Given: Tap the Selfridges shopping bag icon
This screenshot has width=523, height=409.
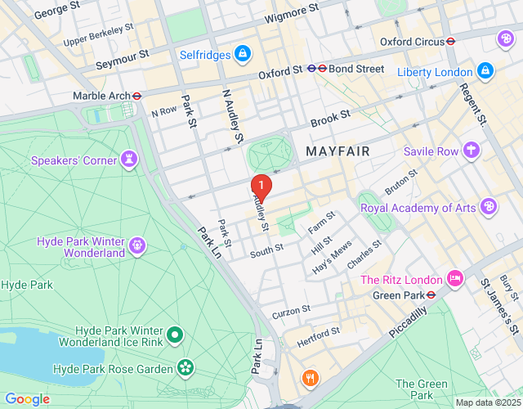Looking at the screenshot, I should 242,54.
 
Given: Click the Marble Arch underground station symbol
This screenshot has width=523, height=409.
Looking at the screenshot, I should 137,96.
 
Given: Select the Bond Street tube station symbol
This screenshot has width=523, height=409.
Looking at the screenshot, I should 323,70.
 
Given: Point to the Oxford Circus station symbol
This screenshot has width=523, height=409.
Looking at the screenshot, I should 449,41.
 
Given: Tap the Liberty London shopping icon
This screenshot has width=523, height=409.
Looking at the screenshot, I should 485,71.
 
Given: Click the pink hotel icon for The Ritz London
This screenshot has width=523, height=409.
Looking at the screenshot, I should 455,280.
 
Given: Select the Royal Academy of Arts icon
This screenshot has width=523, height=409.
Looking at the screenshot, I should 488,207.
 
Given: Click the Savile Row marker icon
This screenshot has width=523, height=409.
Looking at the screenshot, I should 472,151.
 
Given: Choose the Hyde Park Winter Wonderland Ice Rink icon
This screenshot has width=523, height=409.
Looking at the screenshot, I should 175,334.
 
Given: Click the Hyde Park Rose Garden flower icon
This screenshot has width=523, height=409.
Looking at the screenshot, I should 186,369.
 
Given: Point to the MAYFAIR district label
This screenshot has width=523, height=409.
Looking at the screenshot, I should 337,152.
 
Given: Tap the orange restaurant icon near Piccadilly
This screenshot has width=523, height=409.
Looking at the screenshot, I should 310,378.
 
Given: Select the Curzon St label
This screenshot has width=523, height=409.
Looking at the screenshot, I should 291,311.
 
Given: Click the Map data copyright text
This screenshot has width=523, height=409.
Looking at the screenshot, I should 487,402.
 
